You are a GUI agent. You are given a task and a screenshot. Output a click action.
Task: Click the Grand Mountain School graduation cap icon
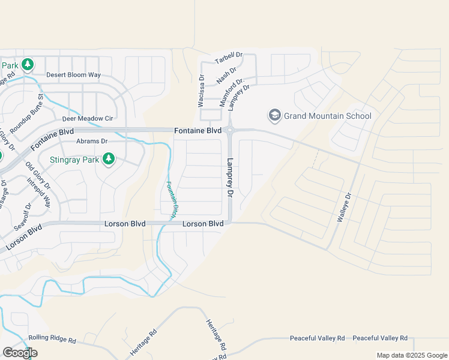275,115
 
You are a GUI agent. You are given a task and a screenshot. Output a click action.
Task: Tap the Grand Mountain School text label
328,116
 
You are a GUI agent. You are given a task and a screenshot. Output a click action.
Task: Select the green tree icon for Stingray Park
109,159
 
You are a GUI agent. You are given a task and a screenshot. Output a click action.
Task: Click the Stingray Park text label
74,160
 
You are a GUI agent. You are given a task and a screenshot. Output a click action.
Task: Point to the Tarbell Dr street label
229,57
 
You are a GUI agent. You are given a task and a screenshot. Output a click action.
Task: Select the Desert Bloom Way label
74,76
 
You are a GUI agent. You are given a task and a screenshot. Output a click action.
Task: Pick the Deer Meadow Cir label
83,119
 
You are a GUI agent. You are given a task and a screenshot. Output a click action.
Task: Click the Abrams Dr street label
92,142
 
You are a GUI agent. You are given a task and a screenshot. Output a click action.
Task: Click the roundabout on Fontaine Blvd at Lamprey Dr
230,130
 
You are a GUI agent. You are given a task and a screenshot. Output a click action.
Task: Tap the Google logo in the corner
20,353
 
